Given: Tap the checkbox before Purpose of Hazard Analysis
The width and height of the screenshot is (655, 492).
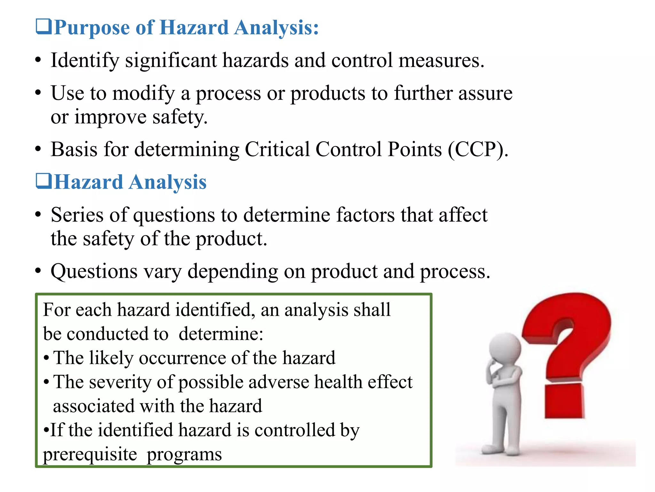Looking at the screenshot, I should (x=43, y=27).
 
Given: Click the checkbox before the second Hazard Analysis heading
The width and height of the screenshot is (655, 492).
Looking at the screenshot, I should (x=43, y=181).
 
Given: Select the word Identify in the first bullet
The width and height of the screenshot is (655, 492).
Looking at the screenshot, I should (x=85, y=61).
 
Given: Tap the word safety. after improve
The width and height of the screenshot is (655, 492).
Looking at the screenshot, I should (x=180, y=117).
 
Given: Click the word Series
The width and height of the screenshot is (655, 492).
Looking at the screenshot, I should (x=77, y=215).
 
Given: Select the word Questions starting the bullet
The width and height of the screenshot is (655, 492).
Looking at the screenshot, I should (x=94, y=272).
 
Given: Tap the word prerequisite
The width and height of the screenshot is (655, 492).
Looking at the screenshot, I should (x=90, y=454).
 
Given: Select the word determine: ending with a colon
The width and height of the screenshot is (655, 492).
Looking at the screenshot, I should (x=221, y=334).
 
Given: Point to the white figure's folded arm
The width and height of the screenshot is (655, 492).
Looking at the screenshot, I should (x=504, y=378).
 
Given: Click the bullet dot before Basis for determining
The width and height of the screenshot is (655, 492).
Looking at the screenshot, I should (x=38, y=150).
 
